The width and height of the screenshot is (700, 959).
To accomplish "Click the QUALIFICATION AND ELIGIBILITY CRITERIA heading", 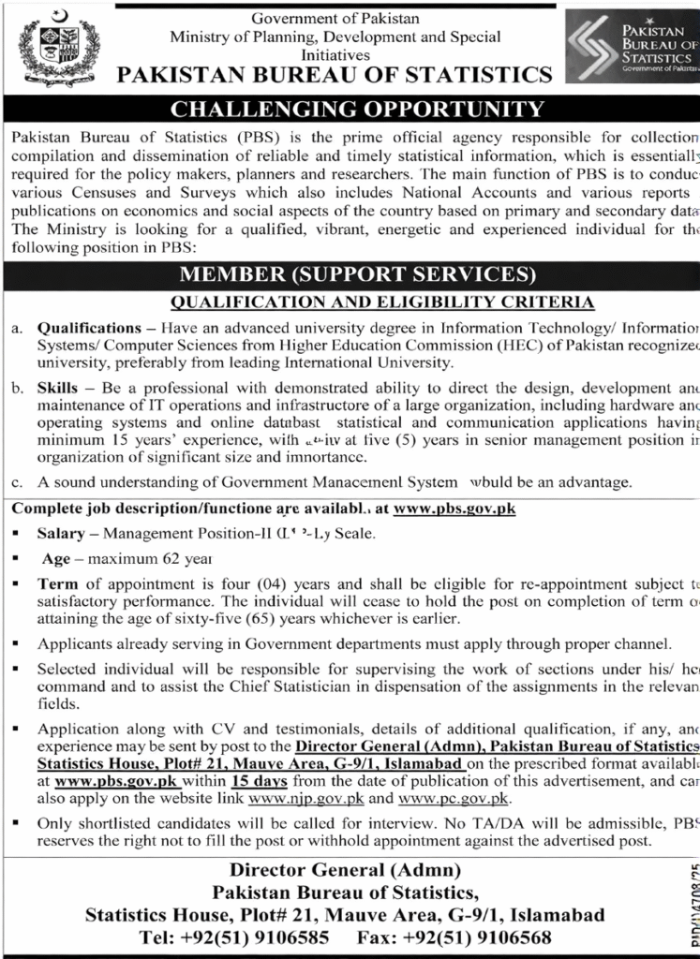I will click(x=382, y=302).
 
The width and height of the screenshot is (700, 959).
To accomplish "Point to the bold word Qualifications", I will click(x=88, y=329).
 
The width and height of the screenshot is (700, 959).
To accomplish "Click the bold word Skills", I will click(x=57, y=386).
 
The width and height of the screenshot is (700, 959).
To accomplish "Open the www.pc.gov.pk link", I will click(x=454, y=797).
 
